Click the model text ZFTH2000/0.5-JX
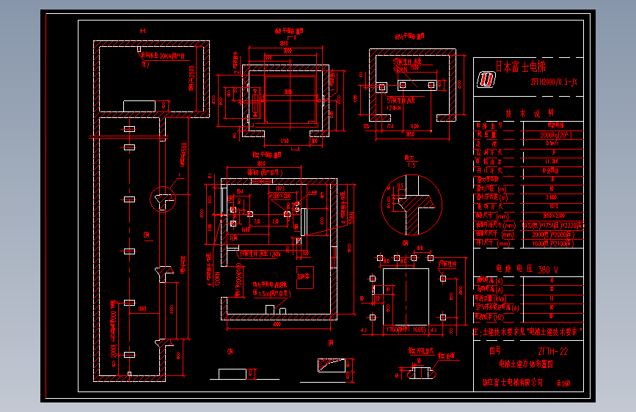(558, 81)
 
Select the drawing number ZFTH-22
(552, 351)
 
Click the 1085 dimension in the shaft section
(143, 309)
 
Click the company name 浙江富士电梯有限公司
(513, 382)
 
